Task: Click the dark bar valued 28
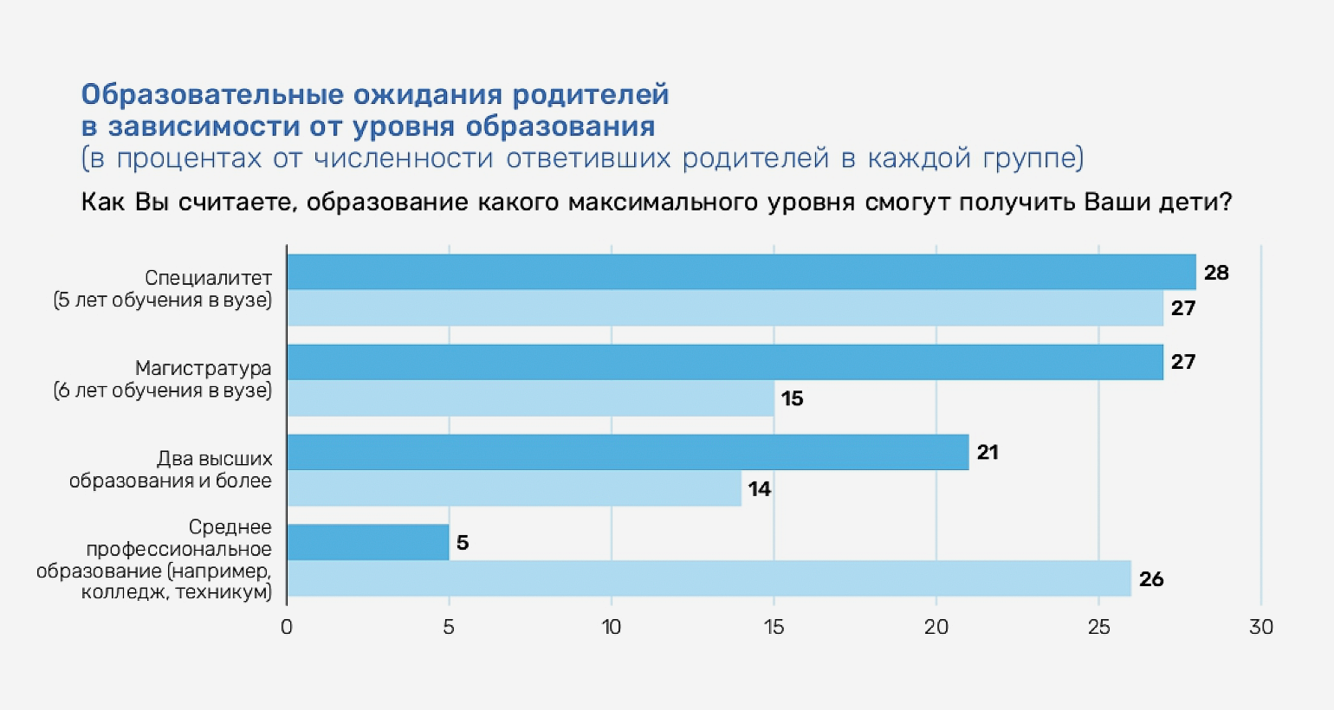click(741, 272)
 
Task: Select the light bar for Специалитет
click(724, 308)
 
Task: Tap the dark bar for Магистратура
click(724, 362)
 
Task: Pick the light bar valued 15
click(530, 398)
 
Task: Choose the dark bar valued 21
click(627, 452)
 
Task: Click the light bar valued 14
click(514, 488)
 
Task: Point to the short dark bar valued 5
click(367, 542)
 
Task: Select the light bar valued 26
click(709, 578)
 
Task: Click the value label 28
click(1216, 273)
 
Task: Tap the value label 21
click(988, 452)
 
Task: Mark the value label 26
click(1151, 579)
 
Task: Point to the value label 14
click(760, 489)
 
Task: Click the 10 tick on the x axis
click(612, 627)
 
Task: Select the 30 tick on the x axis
click(1261, 627)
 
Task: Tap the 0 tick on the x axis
click(287, 627)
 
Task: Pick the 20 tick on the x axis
click(936, 627)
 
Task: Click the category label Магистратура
click(203, 368)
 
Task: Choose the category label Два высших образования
click(172, 469)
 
